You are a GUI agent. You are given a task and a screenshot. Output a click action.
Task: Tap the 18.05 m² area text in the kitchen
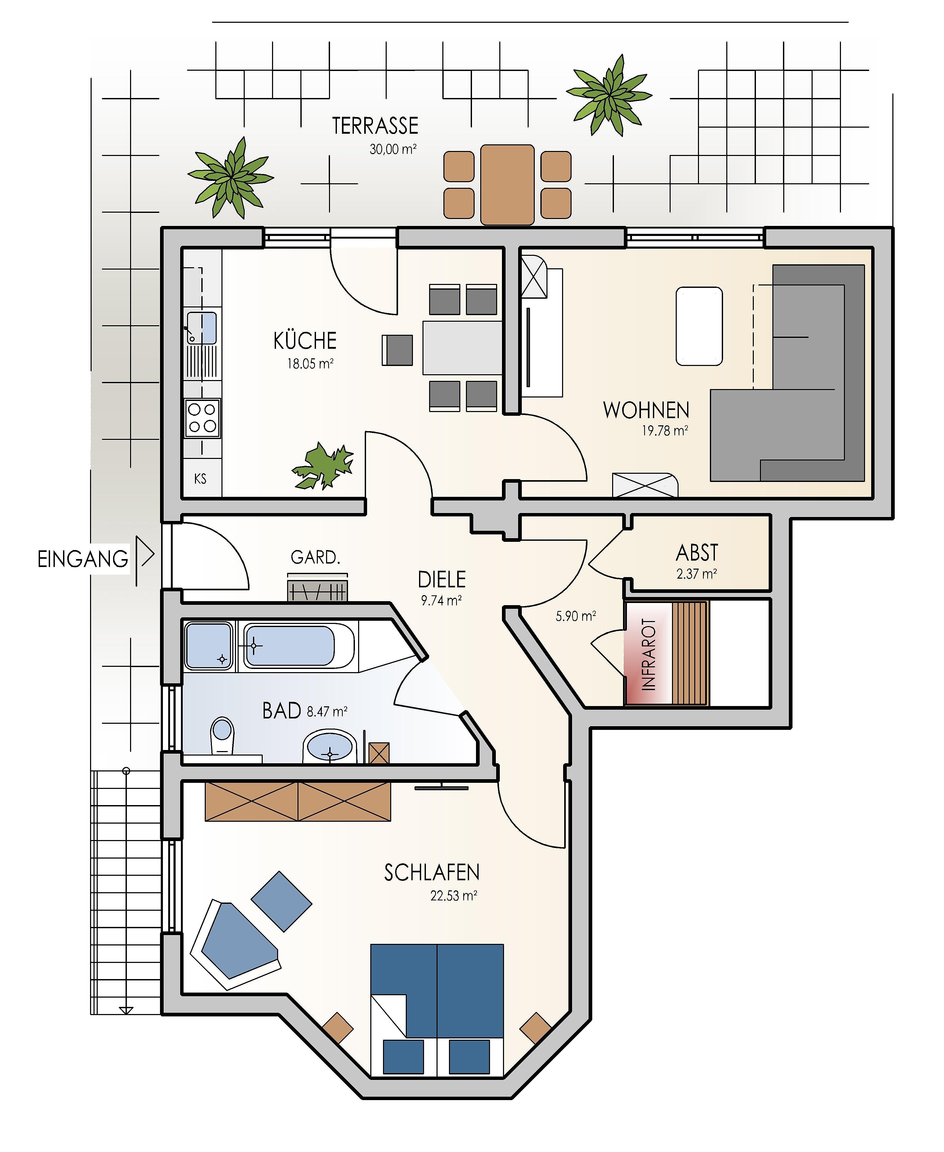pyautogui.click(x=310, y=364)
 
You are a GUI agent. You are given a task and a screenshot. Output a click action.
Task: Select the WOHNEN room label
pyautogui.click(x=646, y=410)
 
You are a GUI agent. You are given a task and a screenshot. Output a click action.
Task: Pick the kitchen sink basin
pyautogui.click(x=202, y=328)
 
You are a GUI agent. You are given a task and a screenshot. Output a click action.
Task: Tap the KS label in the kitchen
pyautogui.click(x=200, y=479)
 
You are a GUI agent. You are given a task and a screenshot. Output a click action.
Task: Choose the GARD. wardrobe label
pyautogui.click(x=315, y=557)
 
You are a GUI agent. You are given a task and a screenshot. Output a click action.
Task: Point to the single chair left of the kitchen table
pyautogui.click(x=398, y=350)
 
